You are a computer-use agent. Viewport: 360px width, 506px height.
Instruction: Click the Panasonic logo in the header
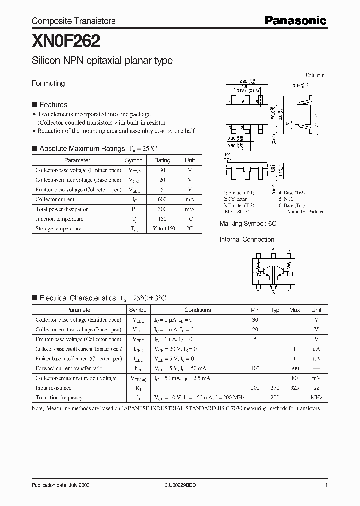(295, 20)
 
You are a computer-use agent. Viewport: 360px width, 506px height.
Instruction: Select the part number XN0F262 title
(66, 39)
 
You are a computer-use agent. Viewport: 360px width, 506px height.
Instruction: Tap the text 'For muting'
(48, 83)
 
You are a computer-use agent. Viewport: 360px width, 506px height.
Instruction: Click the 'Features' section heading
(53, 105)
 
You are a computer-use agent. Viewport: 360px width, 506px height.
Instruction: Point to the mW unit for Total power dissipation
(190, 209)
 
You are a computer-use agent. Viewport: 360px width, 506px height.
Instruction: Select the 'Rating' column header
(162, 160)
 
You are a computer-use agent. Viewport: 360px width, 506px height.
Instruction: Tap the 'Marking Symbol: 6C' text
(248, 224)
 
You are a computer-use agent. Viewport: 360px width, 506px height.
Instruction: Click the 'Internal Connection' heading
(247, 240)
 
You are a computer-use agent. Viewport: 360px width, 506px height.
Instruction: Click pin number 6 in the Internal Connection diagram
(289, 250)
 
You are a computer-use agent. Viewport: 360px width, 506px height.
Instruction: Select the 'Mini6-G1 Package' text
(306, 212)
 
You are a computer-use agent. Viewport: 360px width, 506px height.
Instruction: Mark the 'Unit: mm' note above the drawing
(315, 75)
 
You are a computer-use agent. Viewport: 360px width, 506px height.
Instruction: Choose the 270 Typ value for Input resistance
(275, 388)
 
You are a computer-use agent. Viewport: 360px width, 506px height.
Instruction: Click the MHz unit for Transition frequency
(316, 398)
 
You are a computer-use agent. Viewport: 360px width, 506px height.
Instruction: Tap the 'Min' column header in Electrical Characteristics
(255, 310)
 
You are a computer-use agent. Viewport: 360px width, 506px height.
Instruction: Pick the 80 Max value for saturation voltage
(295, 378)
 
